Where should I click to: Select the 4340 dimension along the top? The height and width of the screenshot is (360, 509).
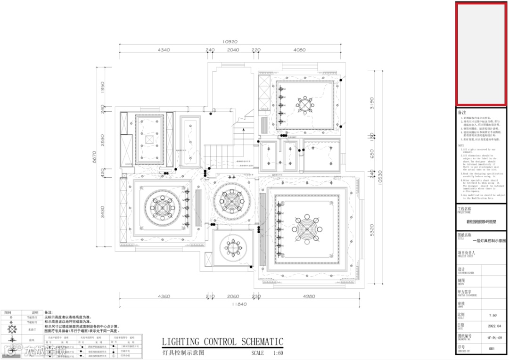164,49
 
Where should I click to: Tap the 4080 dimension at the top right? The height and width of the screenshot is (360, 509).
299,49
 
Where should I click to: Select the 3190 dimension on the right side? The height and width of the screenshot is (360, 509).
371,103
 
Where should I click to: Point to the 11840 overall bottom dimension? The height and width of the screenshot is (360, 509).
239,304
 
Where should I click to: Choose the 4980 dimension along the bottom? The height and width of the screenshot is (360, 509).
309,296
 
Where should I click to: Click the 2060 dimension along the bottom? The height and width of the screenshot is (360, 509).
233,296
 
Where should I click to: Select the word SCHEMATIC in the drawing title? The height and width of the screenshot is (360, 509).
262,342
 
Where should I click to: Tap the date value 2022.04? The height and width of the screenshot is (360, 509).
491,326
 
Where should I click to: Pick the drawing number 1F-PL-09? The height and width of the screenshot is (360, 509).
491,337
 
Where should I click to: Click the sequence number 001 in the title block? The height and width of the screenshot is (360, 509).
491,349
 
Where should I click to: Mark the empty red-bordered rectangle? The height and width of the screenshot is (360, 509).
481,54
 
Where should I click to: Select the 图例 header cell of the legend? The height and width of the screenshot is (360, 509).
8,312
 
